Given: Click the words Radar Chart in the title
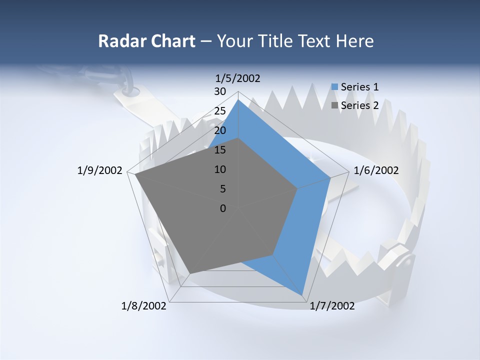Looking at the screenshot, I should pos(146,41).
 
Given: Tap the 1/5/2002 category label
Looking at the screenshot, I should pos(237,78).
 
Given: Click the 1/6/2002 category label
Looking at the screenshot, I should pos(376,170).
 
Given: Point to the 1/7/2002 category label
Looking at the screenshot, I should pos(332,306).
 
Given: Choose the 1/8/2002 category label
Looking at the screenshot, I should pos(144,306).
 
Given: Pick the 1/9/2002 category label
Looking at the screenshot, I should pos(100,170).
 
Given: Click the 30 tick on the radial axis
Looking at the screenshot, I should pos(219,91).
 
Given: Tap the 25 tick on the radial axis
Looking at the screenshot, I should pos(219,111).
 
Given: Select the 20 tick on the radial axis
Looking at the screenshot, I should pos(219,130).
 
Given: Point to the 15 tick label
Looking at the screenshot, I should pos(219,150).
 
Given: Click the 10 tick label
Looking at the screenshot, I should pos(219,169).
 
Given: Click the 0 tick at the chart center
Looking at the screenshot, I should pos(223,208).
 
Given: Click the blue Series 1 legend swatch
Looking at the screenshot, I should pos(334,87).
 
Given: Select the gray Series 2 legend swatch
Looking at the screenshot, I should pos(334,105).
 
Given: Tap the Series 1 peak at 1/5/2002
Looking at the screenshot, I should pos(238,100).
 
